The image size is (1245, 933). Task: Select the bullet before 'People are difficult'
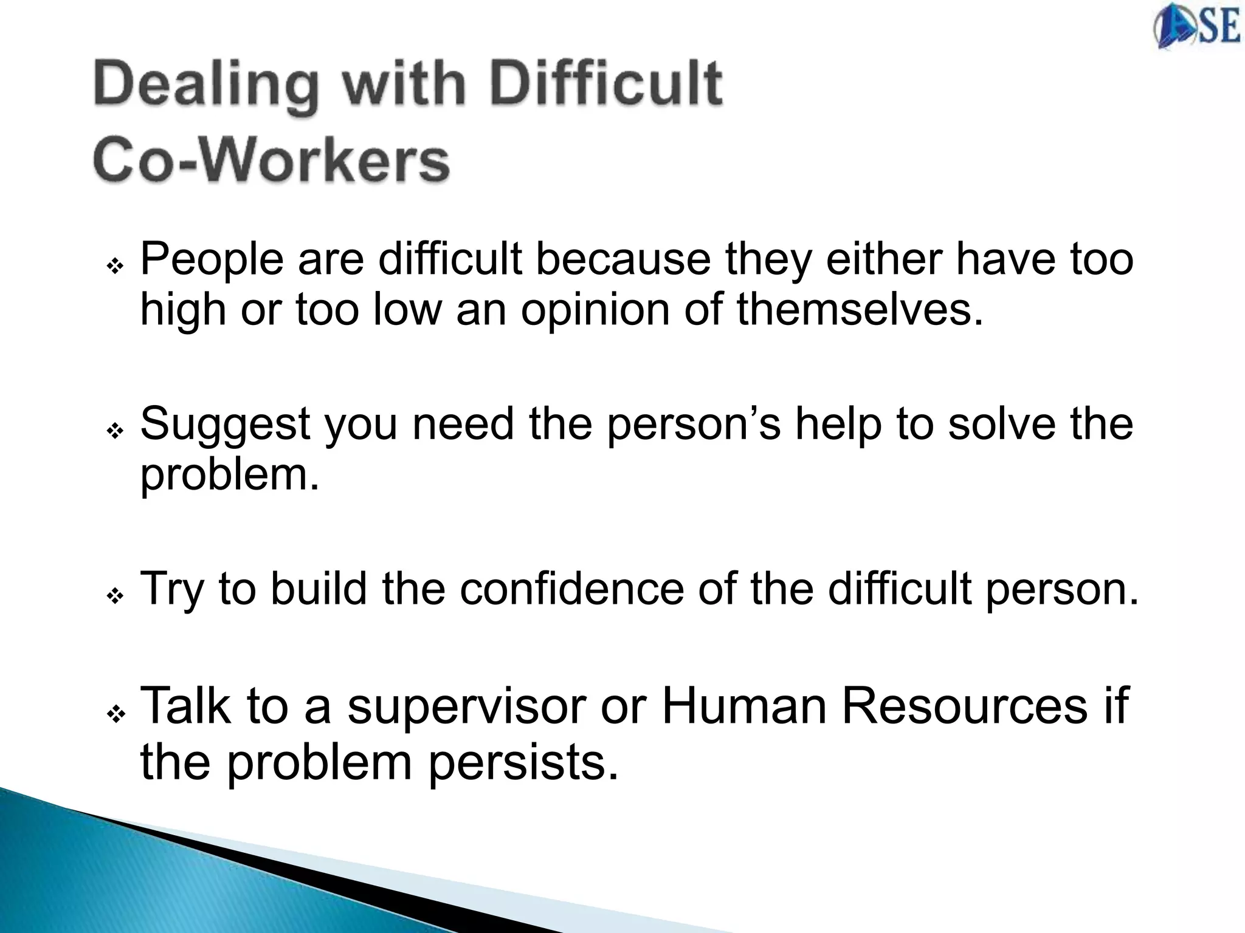115,266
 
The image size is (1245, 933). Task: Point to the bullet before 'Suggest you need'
115,431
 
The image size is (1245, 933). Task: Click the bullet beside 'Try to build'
115,596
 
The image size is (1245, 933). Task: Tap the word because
623,259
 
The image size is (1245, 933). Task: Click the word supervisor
466,707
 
